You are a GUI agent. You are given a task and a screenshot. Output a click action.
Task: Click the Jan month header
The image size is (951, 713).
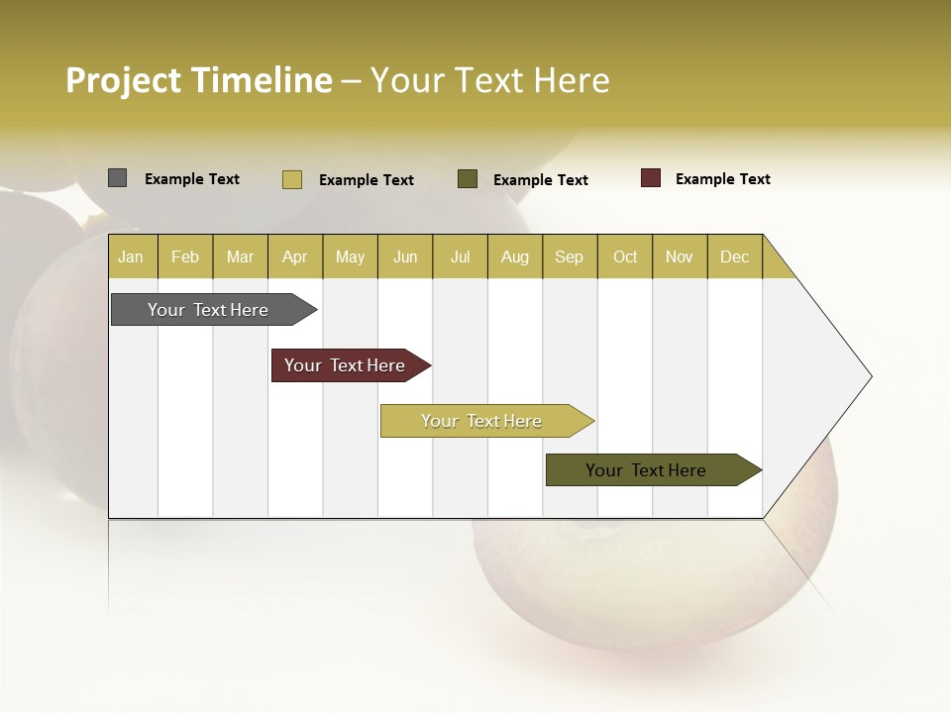pyautogui.click(x=132, y=256)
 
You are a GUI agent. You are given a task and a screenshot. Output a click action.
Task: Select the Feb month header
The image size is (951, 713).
pyautogui.click(x=185, y=256)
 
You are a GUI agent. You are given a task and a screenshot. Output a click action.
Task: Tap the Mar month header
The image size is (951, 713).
pyautogui.click(x=240, y=256)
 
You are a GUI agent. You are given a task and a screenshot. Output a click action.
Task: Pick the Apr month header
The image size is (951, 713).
pyautogui.click(x=295, y=256)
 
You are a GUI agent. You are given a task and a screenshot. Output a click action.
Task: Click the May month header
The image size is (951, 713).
pyautogui.click(x=350, y=256)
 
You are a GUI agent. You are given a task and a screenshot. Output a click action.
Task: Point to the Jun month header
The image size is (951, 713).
pyautogui.click(x=405, y=256)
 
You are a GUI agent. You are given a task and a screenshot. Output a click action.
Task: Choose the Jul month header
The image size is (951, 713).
pyautogui.click(x=460, y=256)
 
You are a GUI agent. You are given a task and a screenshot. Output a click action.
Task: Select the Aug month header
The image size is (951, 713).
pyautogui.click(x=515, y=256)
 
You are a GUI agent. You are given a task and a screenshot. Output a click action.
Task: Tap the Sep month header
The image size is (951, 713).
pyautogui.click(x=570, y=256)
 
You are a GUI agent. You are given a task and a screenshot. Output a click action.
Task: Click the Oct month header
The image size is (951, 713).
pyautogui.click(x=625, y=256)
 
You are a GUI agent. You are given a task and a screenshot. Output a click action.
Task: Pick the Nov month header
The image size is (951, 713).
pyautogui.click(x=680, y=256)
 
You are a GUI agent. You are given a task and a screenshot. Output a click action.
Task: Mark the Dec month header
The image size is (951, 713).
pyautogui.click(x=735, y=256)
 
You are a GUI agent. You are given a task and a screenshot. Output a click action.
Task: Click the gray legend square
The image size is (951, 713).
pyautogui.click(x=118, y=178)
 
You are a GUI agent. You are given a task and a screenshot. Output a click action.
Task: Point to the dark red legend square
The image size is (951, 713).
pyautogui.click(x=651, y=178)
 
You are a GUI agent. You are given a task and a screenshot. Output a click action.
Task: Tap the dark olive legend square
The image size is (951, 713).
pyautogui.click(x=468, y=178)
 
